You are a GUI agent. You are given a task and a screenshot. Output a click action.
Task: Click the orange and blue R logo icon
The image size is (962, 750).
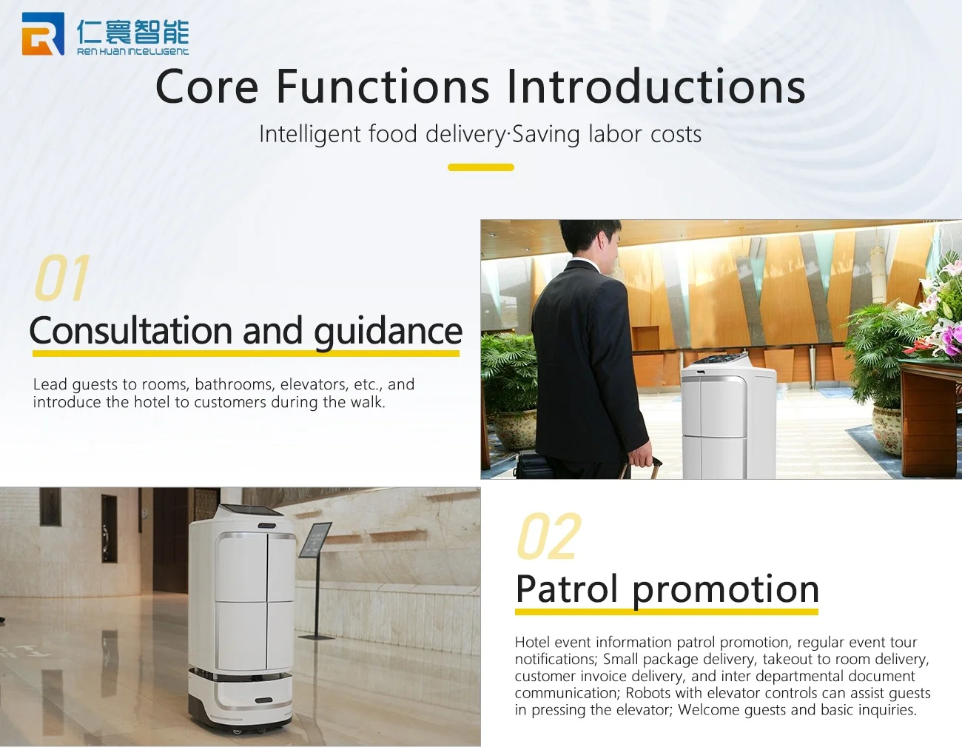click(x=43, y=33)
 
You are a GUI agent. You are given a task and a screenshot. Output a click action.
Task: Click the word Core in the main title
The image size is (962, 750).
click(x=206, y=87)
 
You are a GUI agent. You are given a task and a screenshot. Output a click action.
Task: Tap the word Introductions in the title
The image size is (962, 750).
click(x=656, y=87)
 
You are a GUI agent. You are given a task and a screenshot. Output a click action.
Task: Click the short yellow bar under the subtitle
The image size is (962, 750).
click(x=481, y=167)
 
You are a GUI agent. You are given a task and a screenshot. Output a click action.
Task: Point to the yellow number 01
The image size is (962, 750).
click(x=62, y=278)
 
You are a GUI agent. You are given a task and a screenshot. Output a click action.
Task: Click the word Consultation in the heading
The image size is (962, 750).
click(x=130, y=331)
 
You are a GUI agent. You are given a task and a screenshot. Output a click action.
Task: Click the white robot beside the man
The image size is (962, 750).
click(x=727, y=416)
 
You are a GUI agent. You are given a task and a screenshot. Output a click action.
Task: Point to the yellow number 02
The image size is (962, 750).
click(x=549, y=536)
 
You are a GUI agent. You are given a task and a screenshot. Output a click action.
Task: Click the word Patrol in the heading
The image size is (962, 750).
click(x=566, y=589)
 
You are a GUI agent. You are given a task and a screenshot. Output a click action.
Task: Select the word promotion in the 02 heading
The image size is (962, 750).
click(x=725, y=592)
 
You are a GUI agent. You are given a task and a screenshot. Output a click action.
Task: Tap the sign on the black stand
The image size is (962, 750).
click(x=315, y=540)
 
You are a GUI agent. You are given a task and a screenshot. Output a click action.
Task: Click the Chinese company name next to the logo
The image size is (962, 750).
click(x=132, y=32)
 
